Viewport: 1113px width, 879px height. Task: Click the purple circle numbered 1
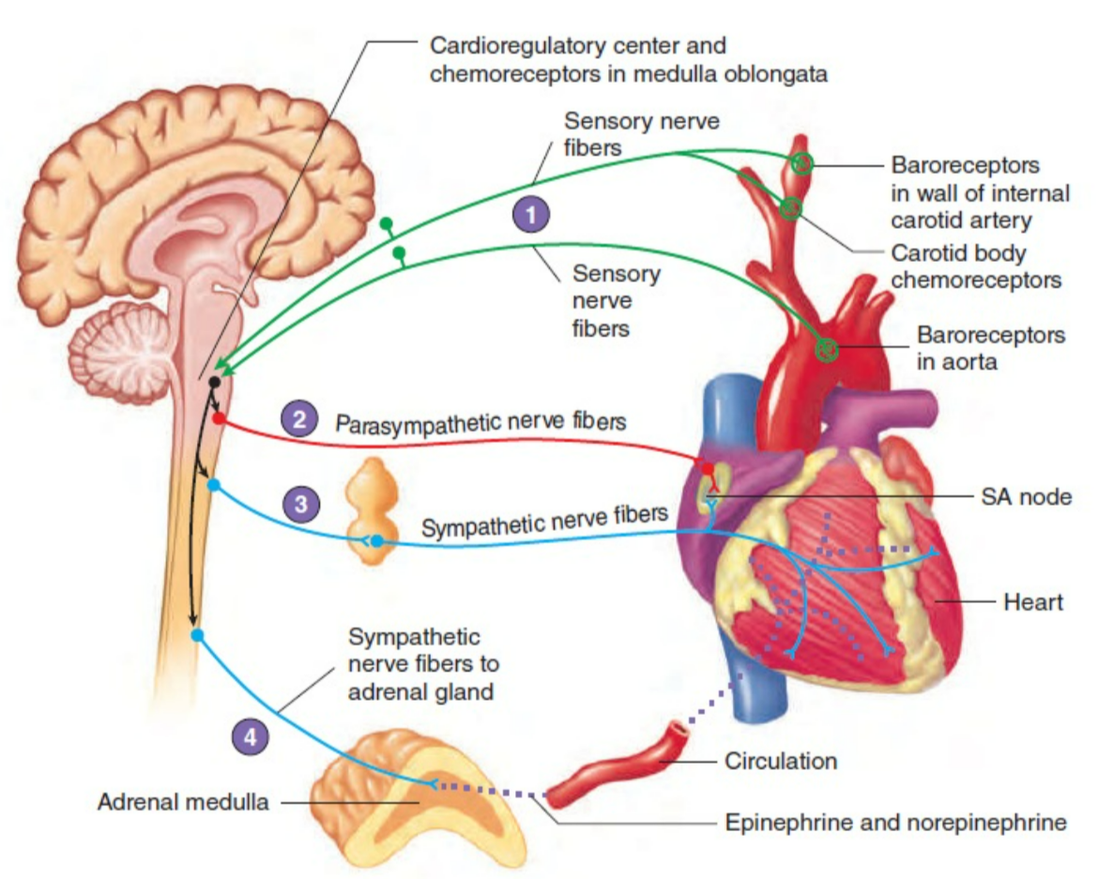532,215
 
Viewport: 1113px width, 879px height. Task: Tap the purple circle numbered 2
299,419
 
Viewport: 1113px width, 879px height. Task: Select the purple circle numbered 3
300,504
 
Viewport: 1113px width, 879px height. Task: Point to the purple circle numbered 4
250,738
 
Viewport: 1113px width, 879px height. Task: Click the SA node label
1026,498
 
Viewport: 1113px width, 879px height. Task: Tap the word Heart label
1033,601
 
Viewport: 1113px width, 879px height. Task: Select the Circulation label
781,761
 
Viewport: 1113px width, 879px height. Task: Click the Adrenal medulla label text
183,802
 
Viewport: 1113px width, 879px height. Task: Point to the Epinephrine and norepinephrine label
896,823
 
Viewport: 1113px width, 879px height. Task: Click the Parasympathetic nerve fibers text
480,421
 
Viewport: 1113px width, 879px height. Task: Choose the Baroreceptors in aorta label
990,348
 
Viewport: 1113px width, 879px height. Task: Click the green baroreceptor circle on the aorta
826,350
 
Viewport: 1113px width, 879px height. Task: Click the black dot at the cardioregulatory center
215,382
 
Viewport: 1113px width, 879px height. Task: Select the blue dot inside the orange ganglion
376,541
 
